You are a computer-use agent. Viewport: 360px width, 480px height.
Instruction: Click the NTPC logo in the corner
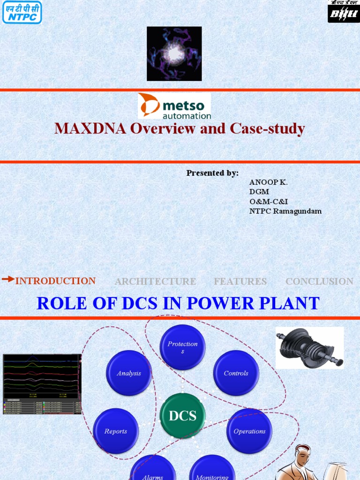(21, 12)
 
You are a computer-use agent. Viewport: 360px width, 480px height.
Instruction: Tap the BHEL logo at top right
(343, 12)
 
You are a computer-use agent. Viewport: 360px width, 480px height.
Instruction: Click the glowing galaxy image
(174, 53)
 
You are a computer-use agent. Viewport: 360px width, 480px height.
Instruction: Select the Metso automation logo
(174, 105)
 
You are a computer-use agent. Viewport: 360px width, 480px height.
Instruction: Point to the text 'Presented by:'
(212, 173)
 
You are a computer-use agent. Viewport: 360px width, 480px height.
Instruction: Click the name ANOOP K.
(268, 182)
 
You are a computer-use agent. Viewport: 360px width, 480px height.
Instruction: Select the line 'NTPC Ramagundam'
(285, 211)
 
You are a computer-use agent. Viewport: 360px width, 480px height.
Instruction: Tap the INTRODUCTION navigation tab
(55, 281)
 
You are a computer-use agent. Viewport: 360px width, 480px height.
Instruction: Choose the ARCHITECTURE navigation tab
(155, 282)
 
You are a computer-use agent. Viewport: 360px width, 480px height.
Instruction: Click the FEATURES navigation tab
(240, 282)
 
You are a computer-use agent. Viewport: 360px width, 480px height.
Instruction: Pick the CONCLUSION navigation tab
(319, 282)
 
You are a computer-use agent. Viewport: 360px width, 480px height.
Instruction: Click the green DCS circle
(182, 416)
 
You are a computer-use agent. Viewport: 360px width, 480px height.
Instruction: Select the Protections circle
(183, 347)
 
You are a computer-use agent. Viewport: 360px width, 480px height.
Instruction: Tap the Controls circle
(236, 373)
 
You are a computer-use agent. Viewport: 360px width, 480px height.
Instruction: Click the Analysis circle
(129, 373)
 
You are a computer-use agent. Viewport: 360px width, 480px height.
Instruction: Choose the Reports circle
(115, 431)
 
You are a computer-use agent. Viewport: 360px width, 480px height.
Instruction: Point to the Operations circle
(249, 431)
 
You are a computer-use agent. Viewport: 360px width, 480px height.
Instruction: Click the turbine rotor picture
(309, 348)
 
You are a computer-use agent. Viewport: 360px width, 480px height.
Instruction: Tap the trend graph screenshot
(42, 384)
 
